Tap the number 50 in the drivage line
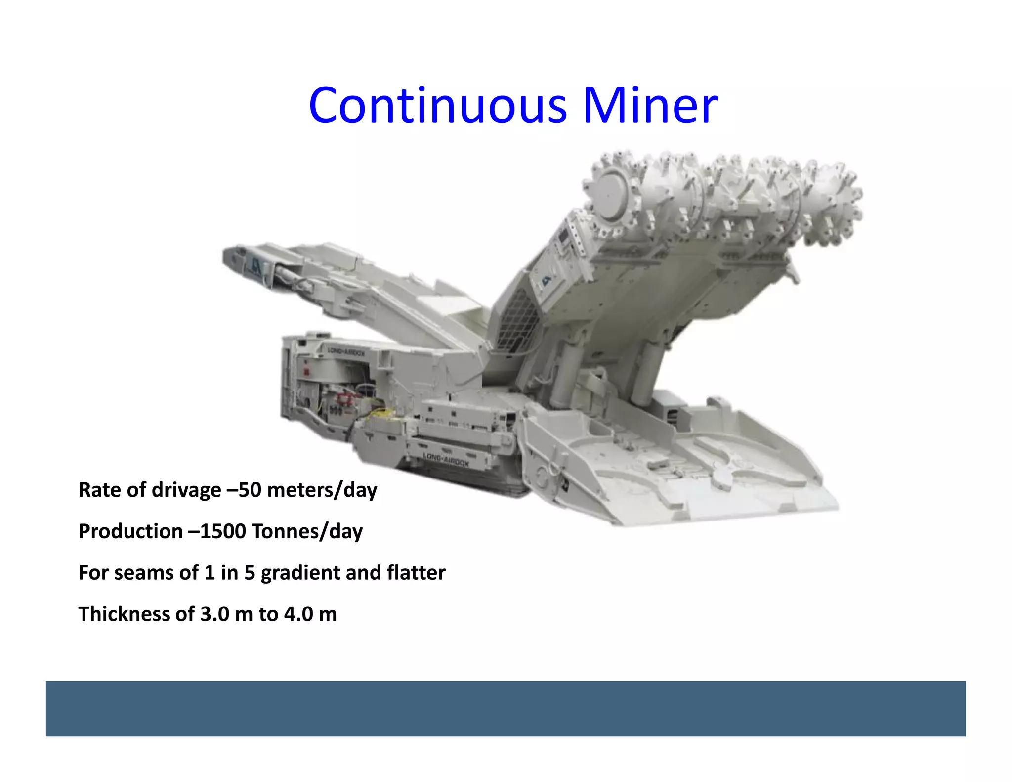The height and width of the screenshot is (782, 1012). [250, 490]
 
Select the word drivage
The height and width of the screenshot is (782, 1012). [186, 490]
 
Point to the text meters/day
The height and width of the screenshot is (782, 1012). [322, 490]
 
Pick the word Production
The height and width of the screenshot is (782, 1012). [130, 531]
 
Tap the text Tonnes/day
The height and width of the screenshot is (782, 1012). [307, 531]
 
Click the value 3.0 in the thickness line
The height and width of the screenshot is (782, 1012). [215, 614]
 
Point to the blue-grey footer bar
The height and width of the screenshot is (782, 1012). [506, 708]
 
